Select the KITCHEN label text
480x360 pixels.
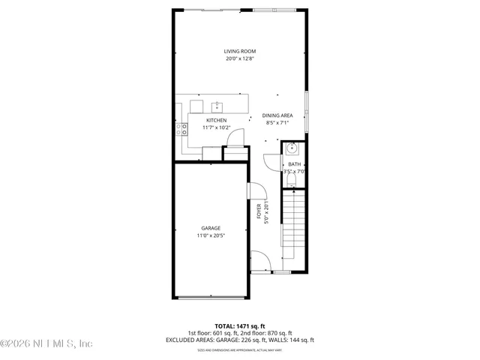click(217, 120)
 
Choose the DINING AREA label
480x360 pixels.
click(277, 115)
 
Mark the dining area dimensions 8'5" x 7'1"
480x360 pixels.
click(277, 123)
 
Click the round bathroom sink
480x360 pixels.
click(293, 148)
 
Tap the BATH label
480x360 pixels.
click(294, 164)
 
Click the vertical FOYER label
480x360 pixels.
click(259, 211)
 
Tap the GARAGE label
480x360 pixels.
click(211, 228)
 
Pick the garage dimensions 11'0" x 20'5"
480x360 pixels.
click(211, 235)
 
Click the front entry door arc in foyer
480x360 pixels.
click(261, 260)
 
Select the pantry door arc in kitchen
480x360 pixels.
click(235, 137)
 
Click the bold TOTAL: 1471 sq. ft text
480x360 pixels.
click(239, 326)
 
